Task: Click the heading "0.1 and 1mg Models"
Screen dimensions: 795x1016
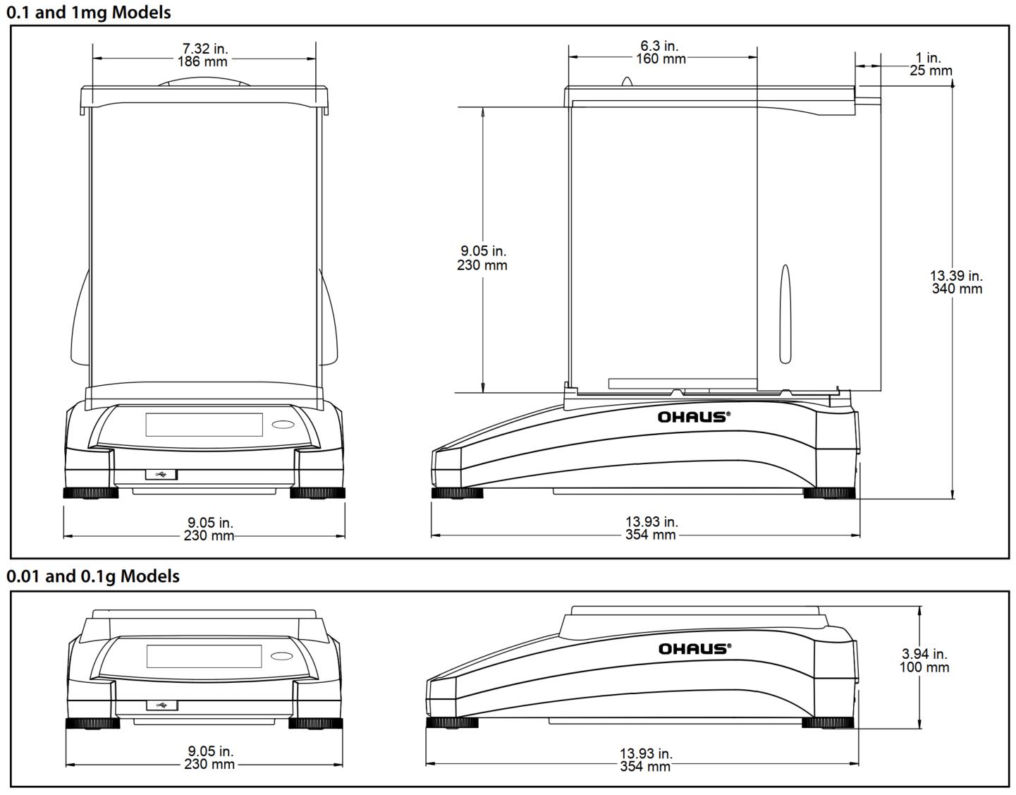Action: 89,12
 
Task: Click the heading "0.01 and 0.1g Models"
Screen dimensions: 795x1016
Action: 93,576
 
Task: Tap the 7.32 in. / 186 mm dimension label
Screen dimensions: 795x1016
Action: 205,55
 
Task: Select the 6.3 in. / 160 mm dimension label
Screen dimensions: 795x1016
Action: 661,53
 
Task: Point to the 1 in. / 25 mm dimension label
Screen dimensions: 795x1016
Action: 930,64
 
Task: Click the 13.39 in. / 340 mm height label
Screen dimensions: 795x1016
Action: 956,282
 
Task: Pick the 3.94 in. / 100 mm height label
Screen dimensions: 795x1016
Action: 924,661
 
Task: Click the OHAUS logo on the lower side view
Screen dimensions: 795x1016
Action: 694,648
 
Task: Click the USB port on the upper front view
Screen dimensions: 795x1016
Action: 161,475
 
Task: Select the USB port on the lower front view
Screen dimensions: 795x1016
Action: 161,705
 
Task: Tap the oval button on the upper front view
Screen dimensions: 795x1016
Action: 283,425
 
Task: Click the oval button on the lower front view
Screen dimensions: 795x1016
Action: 283,656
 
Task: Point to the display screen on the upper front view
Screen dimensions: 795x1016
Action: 204,425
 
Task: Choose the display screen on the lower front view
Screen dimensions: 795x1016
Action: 204,656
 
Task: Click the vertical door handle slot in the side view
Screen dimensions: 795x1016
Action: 785,314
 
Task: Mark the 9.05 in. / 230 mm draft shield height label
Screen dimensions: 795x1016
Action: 483,258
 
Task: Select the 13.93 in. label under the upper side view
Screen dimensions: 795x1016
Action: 651,522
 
